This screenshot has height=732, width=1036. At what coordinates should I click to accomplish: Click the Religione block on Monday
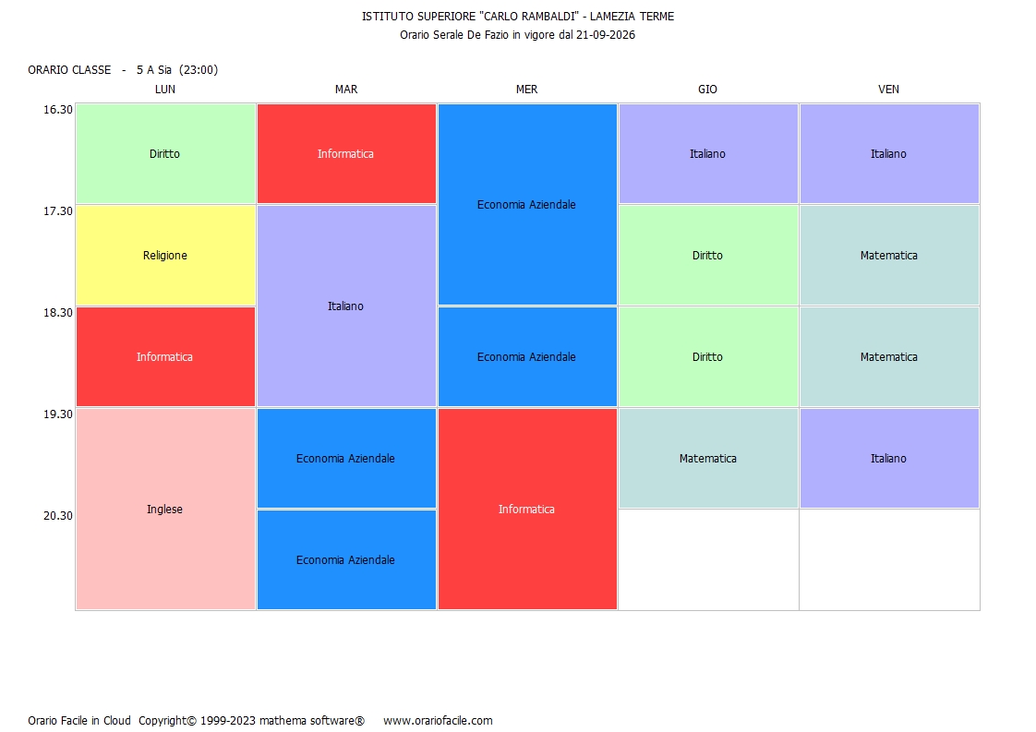tap(165, 255)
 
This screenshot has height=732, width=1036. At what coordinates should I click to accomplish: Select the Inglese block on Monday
tap(165, 509)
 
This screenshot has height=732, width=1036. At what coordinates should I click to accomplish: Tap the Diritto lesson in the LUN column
tap(165, 153)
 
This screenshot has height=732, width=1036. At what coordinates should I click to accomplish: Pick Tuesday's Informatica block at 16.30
tap(346, 153)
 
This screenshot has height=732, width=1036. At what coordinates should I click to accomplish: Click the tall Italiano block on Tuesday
tap(346, 306)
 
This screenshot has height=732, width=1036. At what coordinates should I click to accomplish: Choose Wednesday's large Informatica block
tap(527, 509)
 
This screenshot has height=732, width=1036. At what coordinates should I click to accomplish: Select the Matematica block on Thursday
tap(708, 458)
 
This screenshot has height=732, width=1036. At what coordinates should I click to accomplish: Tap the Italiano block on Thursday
tap(708, 153)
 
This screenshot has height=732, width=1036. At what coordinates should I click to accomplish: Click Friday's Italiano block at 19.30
tap(889, 458)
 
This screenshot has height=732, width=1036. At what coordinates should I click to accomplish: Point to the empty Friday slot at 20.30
tap(889, 559)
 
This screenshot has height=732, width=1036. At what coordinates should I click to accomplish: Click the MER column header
tap(526, 90)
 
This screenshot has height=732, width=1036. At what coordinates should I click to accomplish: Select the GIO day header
tap(707, 90)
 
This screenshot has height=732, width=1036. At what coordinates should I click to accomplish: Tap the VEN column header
tap(888, 90)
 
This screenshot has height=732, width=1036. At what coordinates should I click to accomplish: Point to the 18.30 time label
tap(58, 313)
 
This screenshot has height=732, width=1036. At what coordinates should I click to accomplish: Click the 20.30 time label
tap(58, 515)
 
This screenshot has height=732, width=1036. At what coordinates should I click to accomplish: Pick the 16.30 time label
tap(58, 110)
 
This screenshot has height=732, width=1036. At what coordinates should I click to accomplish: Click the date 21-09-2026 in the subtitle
tap(605, 34)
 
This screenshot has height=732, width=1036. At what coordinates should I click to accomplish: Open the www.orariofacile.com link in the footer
tap(438, 720)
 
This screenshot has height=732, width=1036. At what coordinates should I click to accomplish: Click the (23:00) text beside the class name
tap(199, 69)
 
